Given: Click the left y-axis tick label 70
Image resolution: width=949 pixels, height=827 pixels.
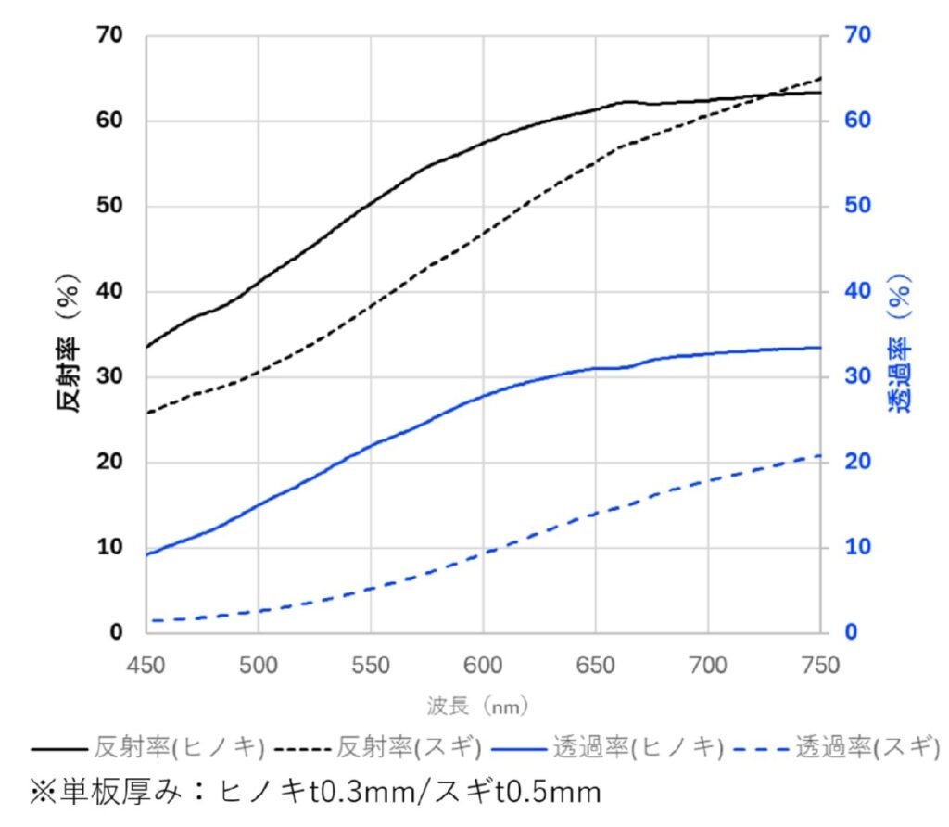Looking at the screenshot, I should point(108,36).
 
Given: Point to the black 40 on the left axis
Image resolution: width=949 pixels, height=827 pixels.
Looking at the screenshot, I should point(108,291).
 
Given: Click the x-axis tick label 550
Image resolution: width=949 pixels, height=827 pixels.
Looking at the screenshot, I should point(371,666).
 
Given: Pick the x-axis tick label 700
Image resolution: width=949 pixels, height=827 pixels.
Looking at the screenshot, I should point(708,666).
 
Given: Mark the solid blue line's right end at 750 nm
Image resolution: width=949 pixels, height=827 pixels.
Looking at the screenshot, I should point(820,348).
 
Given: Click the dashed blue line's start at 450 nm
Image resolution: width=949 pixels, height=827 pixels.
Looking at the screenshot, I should point(147,620).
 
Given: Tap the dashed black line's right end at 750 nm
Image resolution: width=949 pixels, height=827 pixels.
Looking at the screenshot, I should point(820,78).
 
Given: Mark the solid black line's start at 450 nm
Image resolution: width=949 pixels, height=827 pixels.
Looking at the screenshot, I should point(147,347).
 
